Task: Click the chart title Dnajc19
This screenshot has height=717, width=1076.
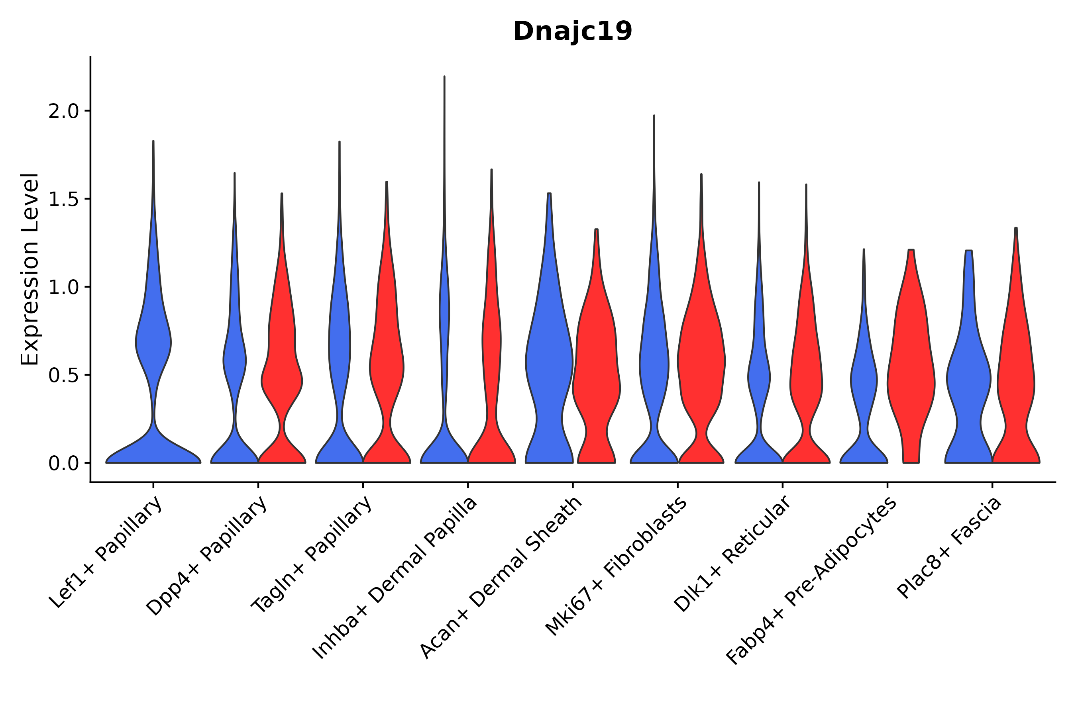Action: (572, 31)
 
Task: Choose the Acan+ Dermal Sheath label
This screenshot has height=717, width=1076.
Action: (501, 578)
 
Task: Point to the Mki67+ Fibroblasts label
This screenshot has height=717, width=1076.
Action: (616, 566)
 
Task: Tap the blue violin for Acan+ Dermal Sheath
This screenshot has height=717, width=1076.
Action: (549, 366)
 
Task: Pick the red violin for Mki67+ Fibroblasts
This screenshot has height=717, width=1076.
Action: (701, 366)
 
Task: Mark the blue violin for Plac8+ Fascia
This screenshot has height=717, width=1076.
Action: (968, 380)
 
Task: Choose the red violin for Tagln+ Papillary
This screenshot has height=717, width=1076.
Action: (387, 366)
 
